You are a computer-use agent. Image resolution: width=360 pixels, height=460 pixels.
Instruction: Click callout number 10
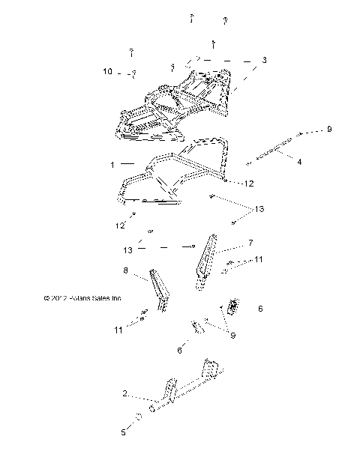point(108,71)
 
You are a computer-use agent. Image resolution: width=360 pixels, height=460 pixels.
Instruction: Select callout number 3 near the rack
point(264,59)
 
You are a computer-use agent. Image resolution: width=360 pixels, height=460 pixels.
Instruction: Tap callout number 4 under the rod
point(299,161)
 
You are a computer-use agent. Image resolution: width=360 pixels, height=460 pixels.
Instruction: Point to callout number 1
point(112,163)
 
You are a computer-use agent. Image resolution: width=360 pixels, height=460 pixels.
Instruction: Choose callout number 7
point(251,244)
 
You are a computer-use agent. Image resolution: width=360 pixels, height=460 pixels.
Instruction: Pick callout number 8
point(125,270)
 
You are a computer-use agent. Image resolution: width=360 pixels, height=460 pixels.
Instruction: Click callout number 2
point(125,393)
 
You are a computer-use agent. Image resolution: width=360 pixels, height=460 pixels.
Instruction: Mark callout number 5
point(124,432)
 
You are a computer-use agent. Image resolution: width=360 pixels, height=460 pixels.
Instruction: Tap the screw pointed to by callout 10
point(133,73)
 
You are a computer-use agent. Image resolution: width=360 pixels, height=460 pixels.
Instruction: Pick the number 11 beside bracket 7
point(259,259)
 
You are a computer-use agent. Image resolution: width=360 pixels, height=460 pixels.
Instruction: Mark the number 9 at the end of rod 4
point(327,130)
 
